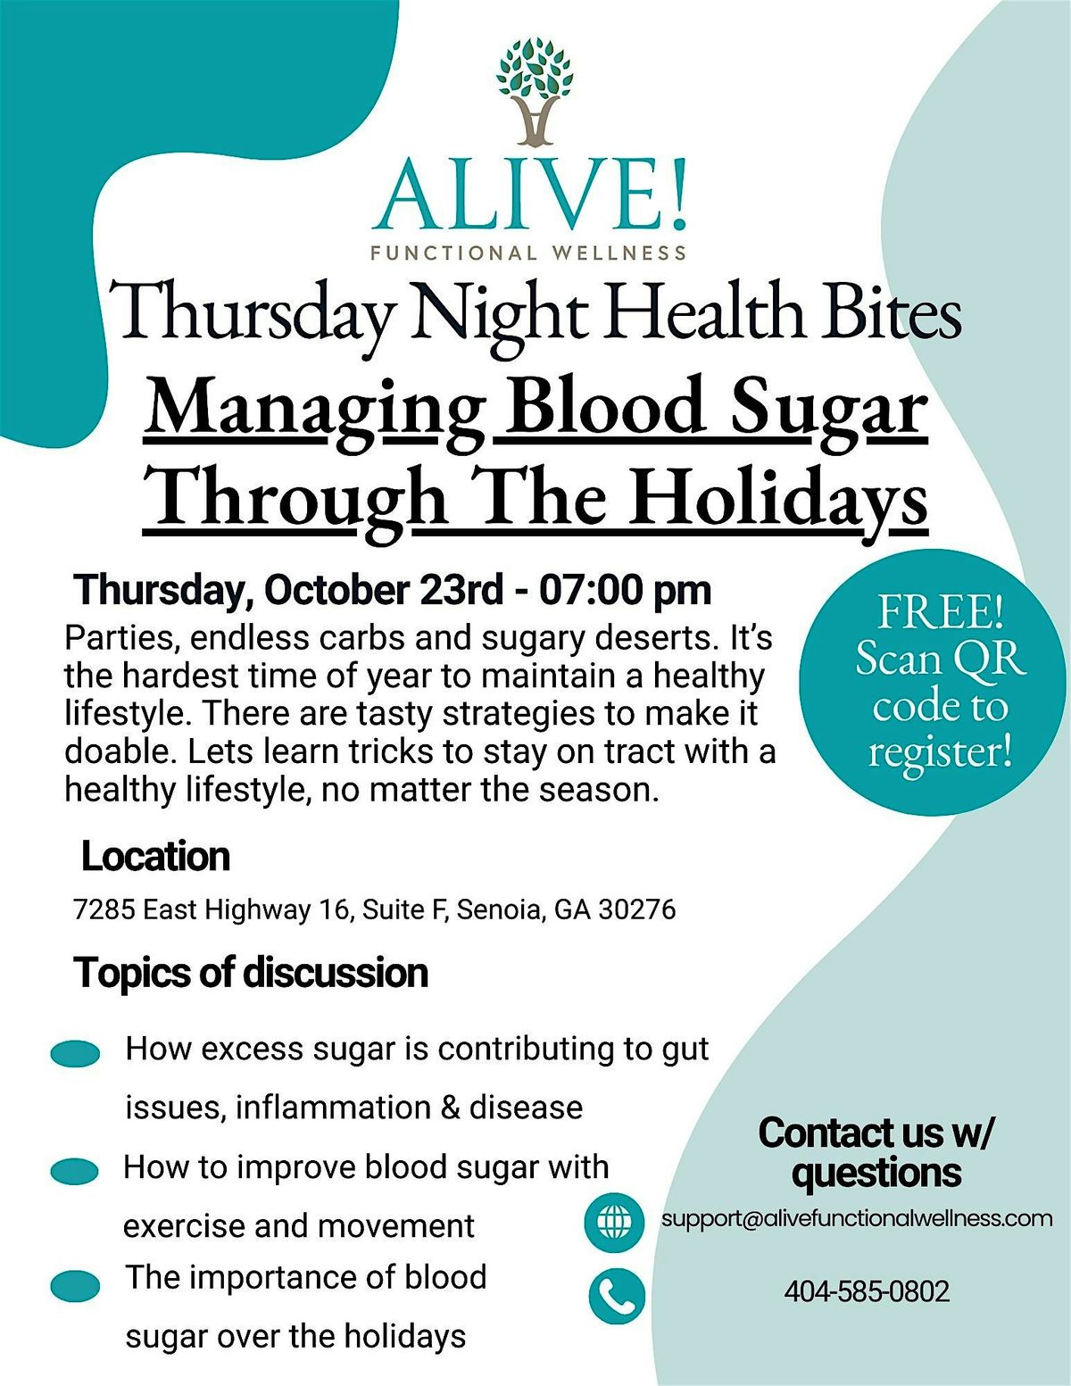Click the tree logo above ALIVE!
tap(534, 91)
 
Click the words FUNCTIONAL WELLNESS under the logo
tap(528, 253)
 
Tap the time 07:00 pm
tap(625, 591)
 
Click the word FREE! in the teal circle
tap(941, 612)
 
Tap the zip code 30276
tap(636, 910)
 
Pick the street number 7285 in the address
tap(104, 910)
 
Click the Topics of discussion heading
tap(252, 974)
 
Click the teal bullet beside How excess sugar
tap(75, 1054)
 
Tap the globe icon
tap(615, 1223)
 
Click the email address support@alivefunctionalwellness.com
tap(857, 1219)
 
